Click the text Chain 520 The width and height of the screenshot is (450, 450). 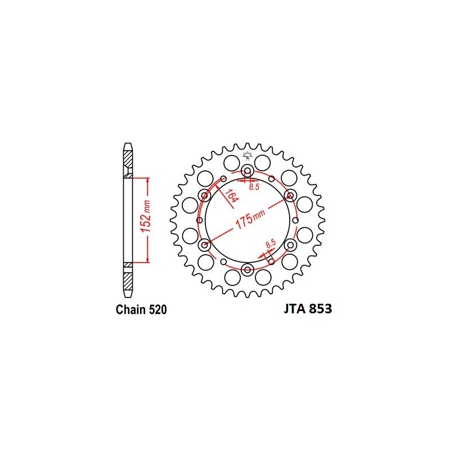coord(141,309)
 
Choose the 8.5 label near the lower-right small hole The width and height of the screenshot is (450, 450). coord(270,244)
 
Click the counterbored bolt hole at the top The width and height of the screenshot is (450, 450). coord(247,171)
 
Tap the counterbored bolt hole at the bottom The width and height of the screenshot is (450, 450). coord(247,269)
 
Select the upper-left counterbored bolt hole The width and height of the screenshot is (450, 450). coord(205,195)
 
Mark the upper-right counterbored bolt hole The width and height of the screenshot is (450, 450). coord(290,195)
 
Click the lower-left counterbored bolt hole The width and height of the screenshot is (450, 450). coord(205,245)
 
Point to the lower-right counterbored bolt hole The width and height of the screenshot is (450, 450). coord(290,245)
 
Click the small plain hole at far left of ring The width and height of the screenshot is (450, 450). coord(199,220)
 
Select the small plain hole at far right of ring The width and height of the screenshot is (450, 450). coord(296,220)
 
